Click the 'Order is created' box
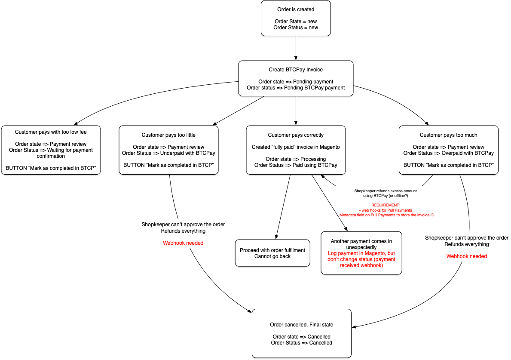pyautogui.click(x=296, y=18)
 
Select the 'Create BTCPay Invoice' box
pyautogui.click(x=296, y=78)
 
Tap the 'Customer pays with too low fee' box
pyautogui.click(x=51, y=150)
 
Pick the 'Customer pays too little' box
pyautogui.click(x=168, y=150)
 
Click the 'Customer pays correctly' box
pyautogui.click(x=296, y=150)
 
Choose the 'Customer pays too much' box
pyautogui.click(x=448, y=150)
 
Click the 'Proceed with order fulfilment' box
pyautogui.click(x=272, y=253)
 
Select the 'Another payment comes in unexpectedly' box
pyautogui.click(x=361, y=253)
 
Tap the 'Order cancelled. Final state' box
pyautogui.click(x=301, y=333)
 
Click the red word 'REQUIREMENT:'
pyautogui.click(x=386, y=205)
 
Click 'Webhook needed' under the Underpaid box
pyautogui.click(x=183, y=243)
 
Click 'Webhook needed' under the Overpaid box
pyautogui.click(x=467, y=256)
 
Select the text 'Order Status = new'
pyautogui.click(x=296, y=28)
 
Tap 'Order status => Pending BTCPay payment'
pyautogui.click(x=296, y=88)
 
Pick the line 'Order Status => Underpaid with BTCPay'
pyautogui.click(x=168, y=153)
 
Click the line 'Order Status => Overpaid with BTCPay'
pyautogui.click(x=448, y=153)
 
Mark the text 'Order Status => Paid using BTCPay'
pyautogui.click(x=296, y=165)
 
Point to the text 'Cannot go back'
pyautogui.click(x=272, y=256)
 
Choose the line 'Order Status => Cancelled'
pyautogui.click(x=301, y=343)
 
